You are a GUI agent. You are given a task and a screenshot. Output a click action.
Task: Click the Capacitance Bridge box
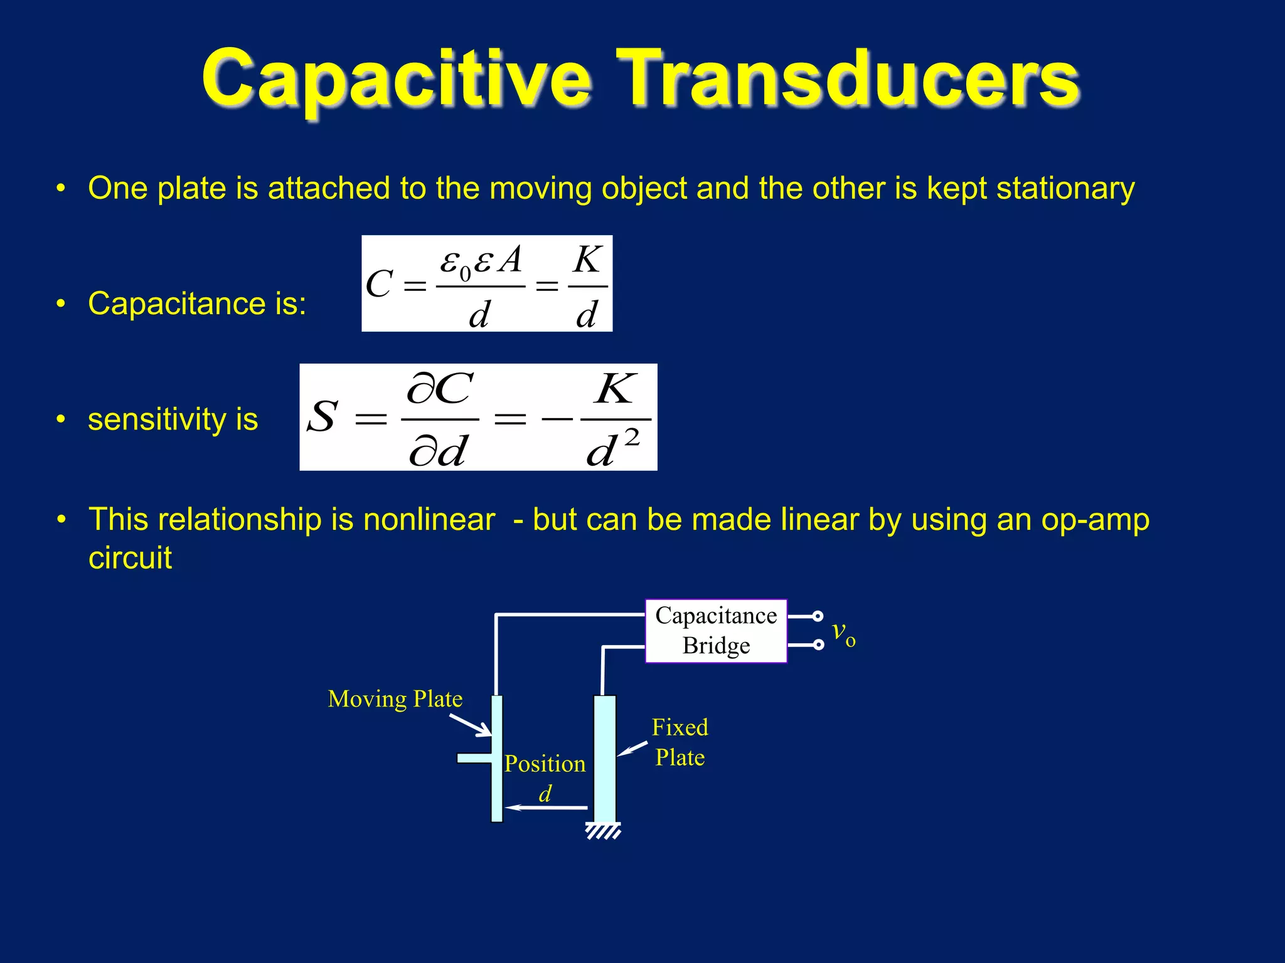tap(716, 631)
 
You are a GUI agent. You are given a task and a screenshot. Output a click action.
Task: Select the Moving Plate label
tap(395, 699)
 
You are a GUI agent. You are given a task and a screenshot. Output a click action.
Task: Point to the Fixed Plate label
tap(680, 742)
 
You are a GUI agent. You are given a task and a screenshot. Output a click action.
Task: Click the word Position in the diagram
tap(545, 764)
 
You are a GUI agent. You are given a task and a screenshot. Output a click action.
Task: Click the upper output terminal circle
tap(817, 616)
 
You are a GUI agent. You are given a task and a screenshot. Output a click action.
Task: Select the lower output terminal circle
tap(818, 645)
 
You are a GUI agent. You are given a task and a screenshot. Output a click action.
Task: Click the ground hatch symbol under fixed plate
tap(604, 831)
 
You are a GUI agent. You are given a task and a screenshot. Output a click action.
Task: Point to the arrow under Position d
tap(546, 808)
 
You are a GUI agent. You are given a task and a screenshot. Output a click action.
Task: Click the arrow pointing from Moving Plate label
tap(471, 725)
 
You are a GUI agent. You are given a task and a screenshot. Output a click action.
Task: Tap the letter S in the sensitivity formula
tap(323, 417)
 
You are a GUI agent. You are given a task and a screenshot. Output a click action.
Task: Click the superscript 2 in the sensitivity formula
tap(632, 437)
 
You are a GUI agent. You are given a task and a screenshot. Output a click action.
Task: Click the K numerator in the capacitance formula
tap(588, 260)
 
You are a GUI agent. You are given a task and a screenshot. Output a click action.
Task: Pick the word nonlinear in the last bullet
tap(429, 520)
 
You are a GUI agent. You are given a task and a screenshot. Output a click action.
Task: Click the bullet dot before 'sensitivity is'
tap(61, 419)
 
